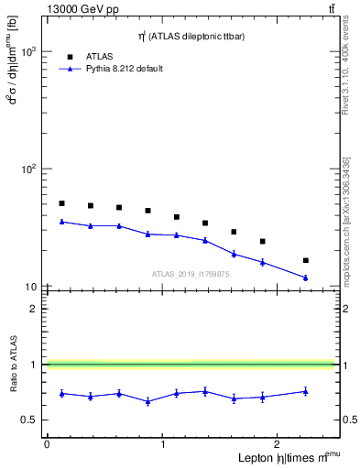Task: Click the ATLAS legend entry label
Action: (x=100, y=56)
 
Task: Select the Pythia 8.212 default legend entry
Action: (x=125, y=69)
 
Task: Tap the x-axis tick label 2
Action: (x=279, y=444)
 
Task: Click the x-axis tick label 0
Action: (x=47, y=444)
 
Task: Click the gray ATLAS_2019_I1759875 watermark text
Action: (x=190, y=274)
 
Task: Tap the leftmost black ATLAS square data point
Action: (x=61, y=203)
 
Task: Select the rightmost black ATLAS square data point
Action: (x=305, y=260)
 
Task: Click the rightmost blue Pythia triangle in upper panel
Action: (x=305, y=278)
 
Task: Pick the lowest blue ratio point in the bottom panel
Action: (x=147, y=401)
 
